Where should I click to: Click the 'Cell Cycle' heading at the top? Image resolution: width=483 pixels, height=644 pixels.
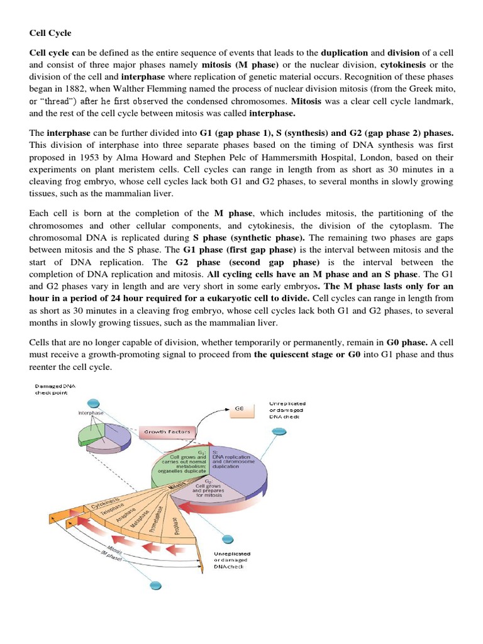pyautogui.click(x=50, y=32)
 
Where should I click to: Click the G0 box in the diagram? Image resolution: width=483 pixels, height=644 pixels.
pyautogui.click(x=239, y=409)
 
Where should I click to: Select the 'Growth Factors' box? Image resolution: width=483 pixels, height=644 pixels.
pyautogui.click(x=167, y=431)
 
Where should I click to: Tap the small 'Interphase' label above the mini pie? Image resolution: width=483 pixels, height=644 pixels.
pyautogui.click(x=91, y=413)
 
